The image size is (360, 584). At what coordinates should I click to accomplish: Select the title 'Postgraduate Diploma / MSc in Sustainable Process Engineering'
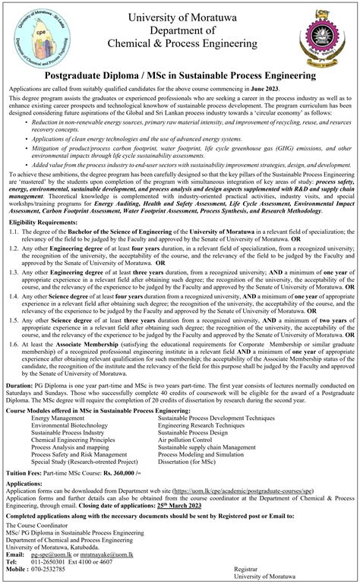(179, 76)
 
